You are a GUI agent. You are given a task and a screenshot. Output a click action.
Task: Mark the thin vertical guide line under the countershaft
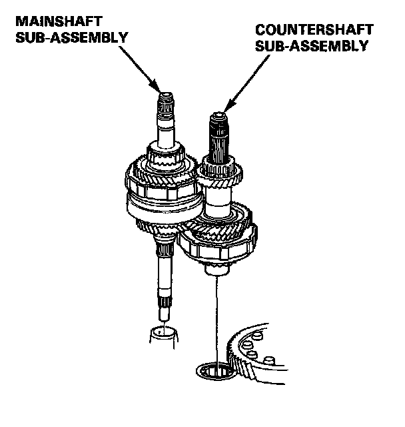pos(216,314)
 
